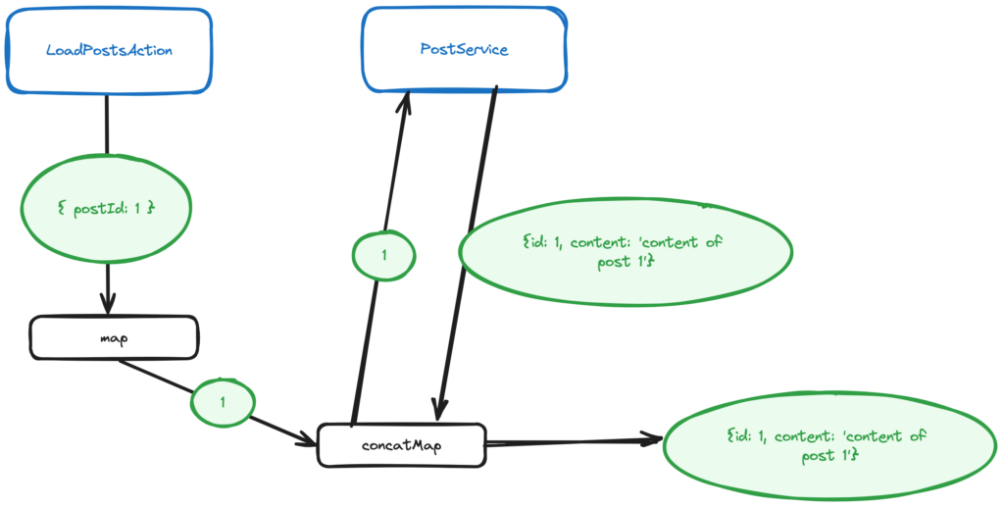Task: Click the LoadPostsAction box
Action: [108, 51]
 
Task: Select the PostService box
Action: [464, 49]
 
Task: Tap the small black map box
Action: [114, 337]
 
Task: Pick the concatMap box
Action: [402, 444]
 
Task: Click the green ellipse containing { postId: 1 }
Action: [107, 209]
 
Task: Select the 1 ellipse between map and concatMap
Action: [223, 402]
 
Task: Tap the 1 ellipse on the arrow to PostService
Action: [383, 255]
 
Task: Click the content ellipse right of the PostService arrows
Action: [625, 252]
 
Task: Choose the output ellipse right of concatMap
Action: [822, 446]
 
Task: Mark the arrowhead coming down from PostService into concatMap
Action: [440, 410]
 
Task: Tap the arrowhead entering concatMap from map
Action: [304, 435]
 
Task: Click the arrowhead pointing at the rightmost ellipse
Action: [651, 440]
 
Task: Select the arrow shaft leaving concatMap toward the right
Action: [569, 443]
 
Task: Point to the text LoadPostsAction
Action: [109, 50]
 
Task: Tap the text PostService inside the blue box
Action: [464, 49]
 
